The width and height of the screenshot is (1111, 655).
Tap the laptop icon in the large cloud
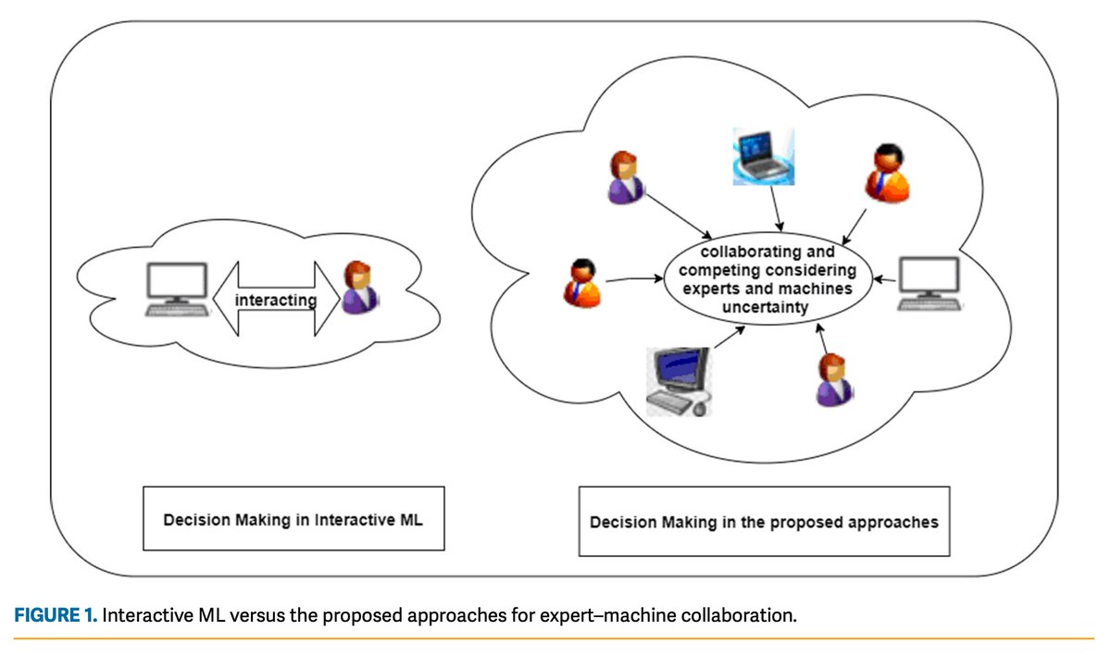pyautogui.click(x=764, y=156)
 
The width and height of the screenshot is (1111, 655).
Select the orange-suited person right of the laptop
pyautogui.click(x=886, y=174)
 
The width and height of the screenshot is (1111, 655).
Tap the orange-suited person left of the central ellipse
pyautogui.click(x=582, y=283)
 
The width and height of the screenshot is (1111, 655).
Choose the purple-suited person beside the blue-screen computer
pyautogui.click(x=832, y=380)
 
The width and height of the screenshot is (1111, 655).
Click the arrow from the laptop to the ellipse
pyautogui.click(x=780, y=208)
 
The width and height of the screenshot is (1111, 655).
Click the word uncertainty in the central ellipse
pyautogui.click(x=768, y=306)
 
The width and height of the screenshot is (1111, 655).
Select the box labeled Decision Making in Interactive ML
pyautogui.click(x=293, y=520)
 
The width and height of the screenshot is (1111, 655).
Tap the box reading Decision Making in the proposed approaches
pyautogui.click(x=764, y=522)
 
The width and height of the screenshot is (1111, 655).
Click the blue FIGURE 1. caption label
pyautogui.click(x=55, y=616)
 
